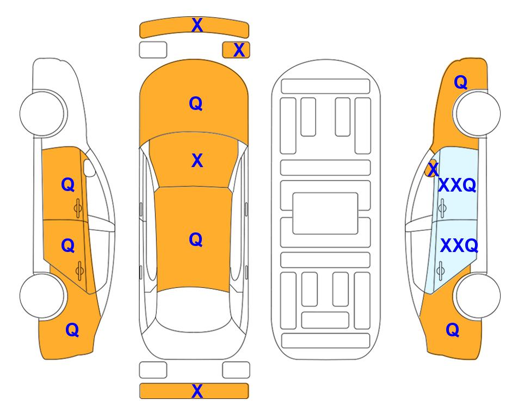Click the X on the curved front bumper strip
[x=197, y=25]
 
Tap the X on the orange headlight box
[x=239, y=50]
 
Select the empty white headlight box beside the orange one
[x=153, y=50]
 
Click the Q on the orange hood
[x=196, y=103]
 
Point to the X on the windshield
[x=197, y=161]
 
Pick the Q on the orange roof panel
[x=196, y=239]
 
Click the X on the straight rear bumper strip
[x=197, y=391]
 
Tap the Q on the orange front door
[x=68, y=185]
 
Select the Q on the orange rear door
[x=68, y=245]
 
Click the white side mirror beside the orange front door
[x=89, y=168]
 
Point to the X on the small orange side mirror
[x=433, y=169]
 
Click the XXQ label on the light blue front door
[x=457, y=185]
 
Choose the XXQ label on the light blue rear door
[x=459, y=245]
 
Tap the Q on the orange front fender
[x=460, y=82]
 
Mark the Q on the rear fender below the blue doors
[x=453, y=330]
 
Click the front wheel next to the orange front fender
[x=477, y=113]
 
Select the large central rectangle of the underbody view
[x=325, y=213]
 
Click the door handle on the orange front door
[x=78, y=208]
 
